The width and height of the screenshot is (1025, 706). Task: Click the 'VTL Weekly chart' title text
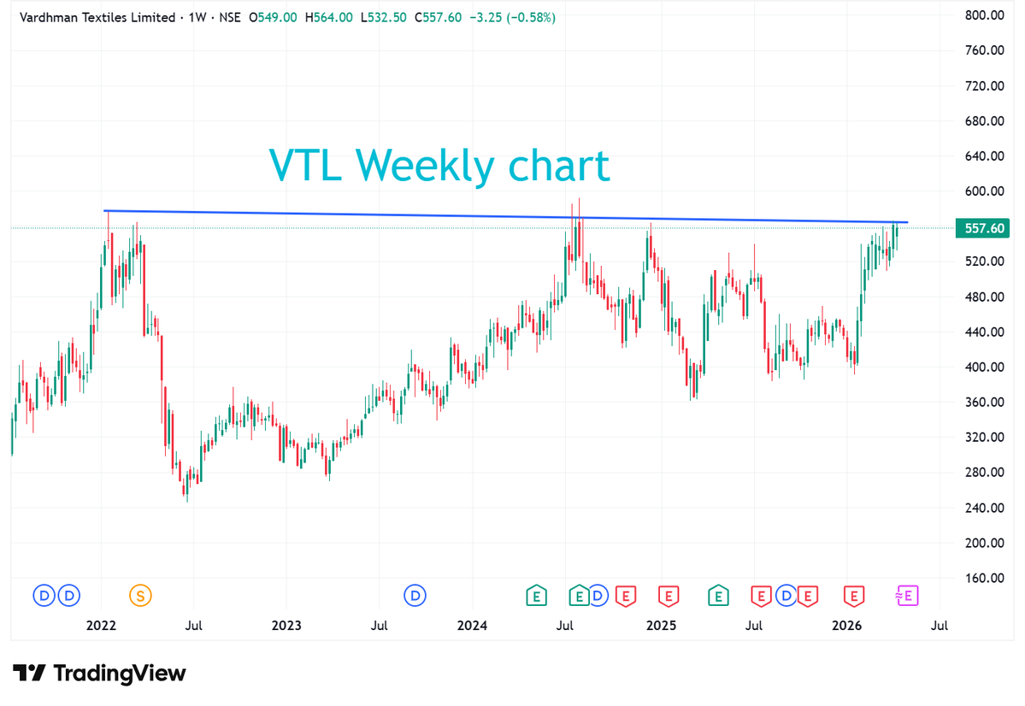[x=439, y=165]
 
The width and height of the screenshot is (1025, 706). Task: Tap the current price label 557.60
[x=983, y=228]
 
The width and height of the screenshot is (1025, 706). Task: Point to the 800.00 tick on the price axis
[x=983, y=15]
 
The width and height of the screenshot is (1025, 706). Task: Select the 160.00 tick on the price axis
[x=983, y=578]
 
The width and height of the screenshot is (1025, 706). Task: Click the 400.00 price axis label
[x=983, y=367]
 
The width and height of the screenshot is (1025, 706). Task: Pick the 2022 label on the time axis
[x=102, y=626]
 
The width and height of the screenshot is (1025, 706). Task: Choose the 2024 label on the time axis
[x=472, y=626]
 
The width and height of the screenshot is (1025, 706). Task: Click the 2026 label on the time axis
[x=846, y=626]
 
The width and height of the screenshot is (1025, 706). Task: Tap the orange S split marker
[x=139, y=594]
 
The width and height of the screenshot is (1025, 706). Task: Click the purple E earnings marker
[x=908, y=595]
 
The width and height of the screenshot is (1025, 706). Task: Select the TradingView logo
[x=99, y=674]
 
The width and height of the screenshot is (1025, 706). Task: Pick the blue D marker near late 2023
[x=415, y=594]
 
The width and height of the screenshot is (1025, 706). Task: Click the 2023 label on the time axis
[x=286, y=626]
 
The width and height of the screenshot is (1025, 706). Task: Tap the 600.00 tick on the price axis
[x=983, y=191]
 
